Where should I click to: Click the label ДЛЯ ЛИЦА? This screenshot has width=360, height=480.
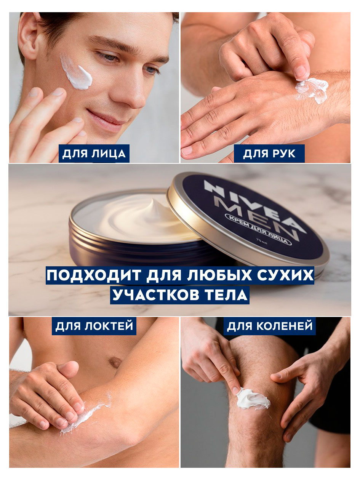tap(94, 154)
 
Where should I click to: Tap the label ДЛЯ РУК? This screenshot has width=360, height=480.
tap(269, 154)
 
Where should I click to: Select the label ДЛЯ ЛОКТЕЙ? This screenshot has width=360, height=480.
tap(94, 326)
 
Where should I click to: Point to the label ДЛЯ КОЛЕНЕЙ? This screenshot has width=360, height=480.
tap(270, 326)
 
